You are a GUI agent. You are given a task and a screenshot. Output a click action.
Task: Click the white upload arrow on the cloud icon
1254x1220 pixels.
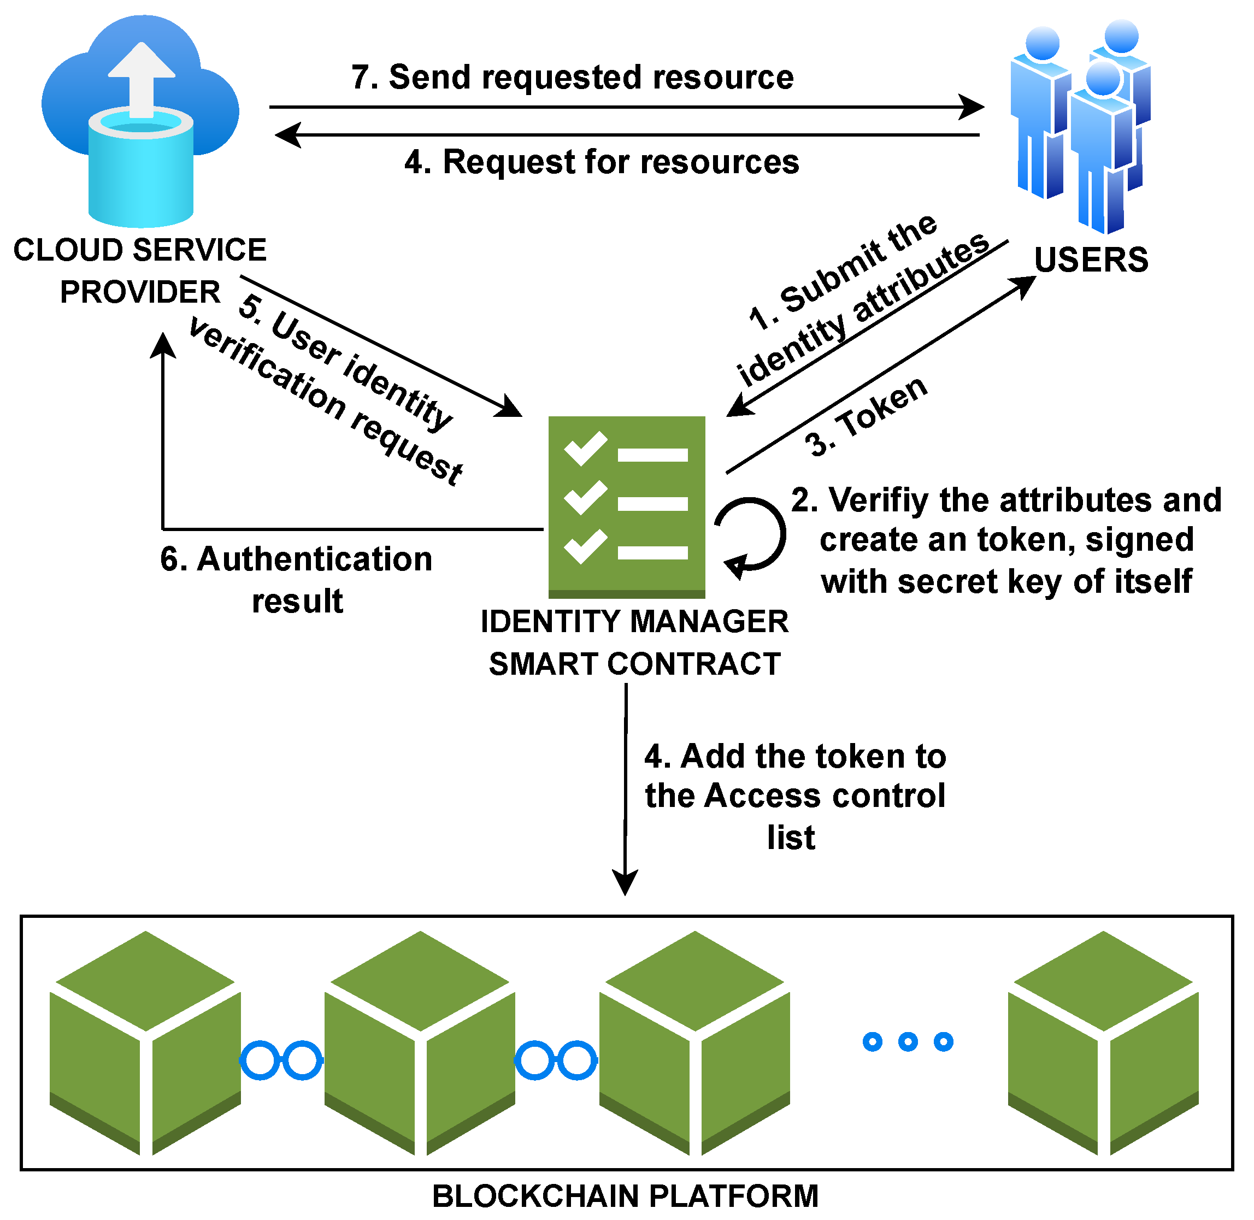tap(142, 77)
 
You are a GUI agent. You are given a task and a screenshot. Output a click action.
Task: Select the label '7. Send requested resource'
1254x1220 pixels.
tap(573, 78)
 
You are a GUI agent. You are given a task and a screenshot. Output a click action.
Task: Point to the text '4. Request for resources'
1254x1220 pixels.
tap(602, 162)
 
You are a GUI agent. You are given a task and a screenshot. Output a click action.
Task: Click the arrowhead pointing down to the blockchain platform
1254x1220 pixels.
tap(626, 883)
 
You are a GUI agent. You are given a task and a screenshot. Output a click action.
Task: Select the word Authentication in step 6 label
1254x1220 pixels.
tap(315, 560)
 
